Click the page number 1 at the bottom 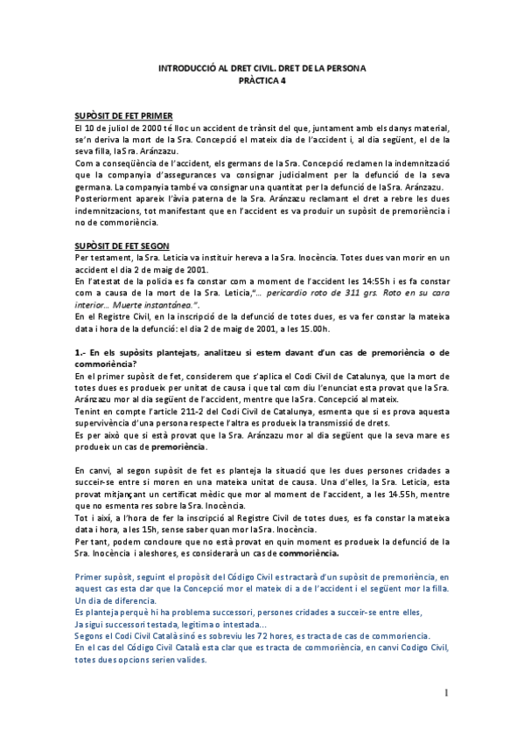(446, 694)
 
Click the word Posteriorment (104, 198)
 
